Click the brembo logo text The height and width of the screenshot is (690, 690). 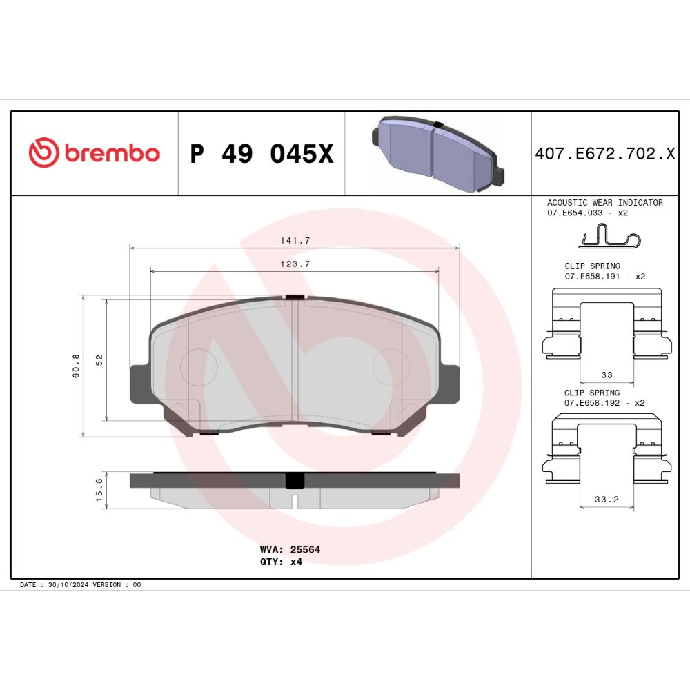(112, 152)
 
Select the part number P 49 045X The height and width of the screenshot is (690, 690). (262, 154)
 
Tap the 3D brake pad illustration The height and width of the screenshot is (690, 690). (438, 154)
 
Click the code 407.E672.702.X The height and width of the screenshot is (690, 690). (605, 154)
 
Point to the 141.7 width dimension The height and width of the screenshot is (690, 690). (295, 240)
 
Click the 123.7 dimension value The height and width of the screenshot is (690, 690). (295, 264)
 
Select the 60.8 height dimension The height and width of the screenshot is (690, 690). (76, 366)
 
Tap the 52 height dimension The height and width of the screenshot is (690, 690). (99, 360)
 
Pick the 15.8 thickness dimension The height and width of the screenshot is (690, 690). (99, 490)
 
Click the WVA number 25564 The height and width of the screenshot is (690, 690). (305, 549)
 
